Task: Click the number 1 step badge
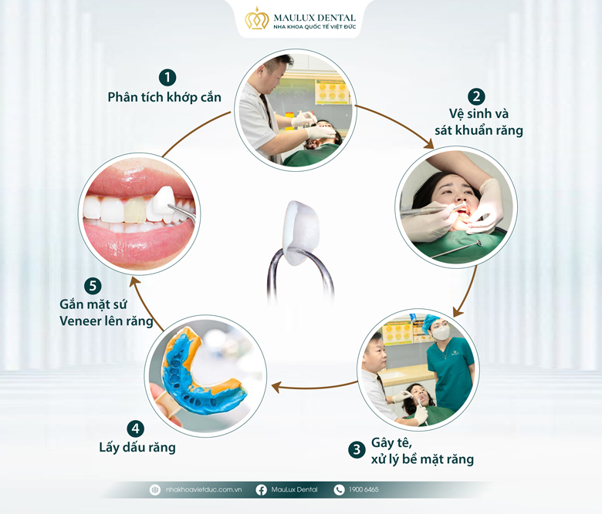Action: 167,77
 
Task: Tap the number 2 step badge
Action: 476,96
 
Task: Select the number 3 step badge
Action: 357,449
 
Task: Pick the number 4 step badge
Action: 135,428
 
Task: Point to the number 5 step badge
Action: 93,286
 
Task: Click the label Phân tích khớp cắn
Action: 164,97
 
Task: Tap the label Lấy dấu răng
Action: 137,447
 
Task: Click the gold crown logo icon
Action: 257,18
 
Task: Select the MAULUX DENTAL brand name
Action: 314,18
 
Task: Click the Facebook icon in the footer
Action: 261,490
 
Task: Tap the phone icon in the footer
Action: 339,490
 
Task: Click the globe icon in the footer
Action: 154,490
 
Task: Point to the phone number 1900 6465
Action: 364,489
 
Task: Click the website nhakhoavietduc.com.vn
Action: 204,489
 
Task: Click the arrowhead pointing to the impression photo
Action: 276,387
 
